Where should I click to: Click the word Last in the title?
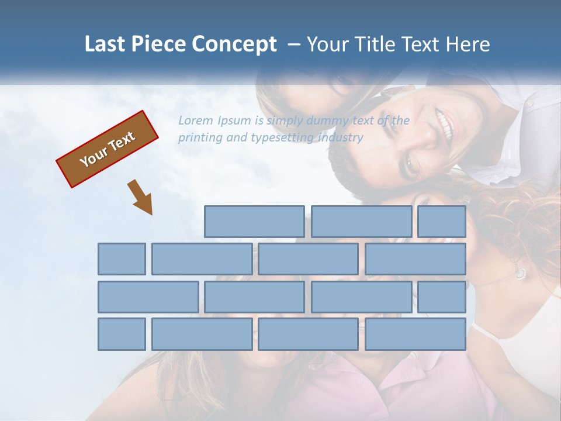click(105, 44)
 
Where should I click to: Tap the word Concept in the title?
click(234, 44)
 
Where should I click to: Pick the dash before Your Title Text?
click(294, 44)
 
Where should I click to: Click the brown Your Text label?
click(108, 149)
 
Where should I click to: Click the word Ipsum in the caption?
click(234, 120)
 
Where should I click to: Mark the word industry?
click(341, 138)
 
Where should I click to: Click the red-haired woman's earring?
click(520, 272)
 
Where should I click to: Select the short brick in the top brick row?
click(442, 222)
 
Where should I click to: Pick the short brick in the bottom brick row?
click(122, 334)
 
